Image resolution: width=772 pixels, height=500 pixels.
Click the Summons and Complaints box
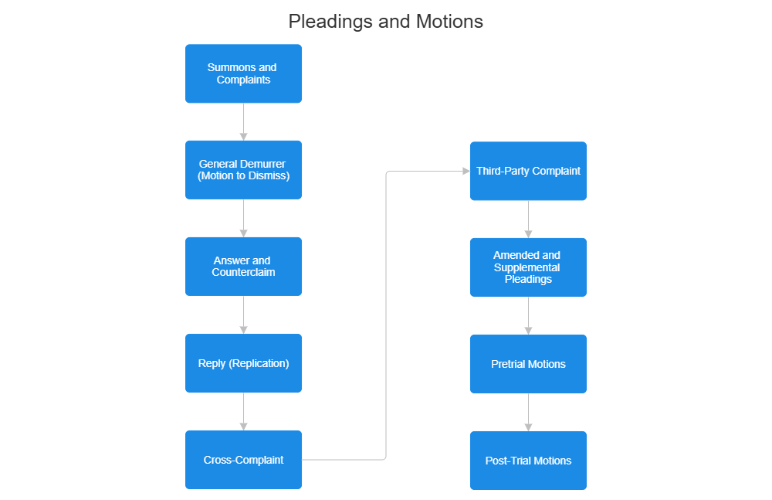pyautogui.click(x=243, y=73)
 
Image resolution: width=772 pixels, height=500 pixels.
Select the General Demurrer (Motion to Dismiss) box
pyautogui.click(x=243, y=169)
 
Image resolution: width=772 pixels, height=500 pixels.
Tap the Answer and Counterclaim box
pyautogui.click(x=243, y=266)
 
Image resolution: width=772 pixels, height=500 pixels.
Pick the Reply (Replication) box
pyautogui.click(x=243, y=362)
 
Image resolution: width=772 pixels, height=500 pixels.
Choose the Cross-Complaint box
pyautogui.click(x=243, y=459)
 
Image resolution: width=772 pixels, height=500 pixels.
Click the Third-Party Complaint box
pyautogui.click(x=528, y=171)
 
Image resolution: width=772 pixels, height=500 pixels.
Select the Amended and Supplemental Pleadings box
pyautogui.click(x=528, y=267)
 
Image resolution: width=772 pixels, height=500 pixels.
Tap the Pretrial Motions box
pyautogui.click(x=528, y=363)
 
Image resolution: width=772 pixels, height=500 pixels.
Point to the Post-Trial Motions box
pyautogui.click(x=528, y=460)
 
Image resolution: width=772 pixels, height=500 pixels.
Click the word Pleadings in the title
pyautogui.click(x=330, y=22)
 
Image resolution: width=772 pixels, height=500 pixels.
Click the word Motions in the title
pyautogui.click(x=450, y=22)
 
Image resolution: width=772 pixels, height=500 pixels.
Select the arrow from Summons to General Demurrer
pyautogui.click(x=243, y=121)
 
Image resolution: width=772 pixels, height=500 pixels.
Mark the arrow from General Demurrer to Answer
pyautogui.click(x=243, y=218)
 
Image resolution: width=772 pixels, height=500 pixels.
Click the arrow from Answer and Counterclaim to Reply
pyautogui.click(x=243, y=315)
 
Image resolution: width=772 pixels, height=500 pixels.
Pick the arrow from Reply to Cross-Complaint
pyautogui.click(x=243, y=411)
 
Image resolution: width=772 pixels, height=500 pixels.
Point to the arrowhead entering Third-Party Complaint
pyautogui.click(x=465, y=171)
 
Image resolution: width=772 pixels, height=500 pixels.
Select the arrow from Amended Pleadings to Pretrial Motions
pyautogui.click(x=528, y=315)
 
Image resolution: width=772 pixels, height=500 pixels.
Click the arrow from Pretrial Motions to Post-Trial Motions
pyautogui.click(x=528, y=412)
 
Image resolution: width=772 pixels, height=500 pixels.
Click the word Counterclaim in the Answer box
pyautogui.click(x=243, y=272)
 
